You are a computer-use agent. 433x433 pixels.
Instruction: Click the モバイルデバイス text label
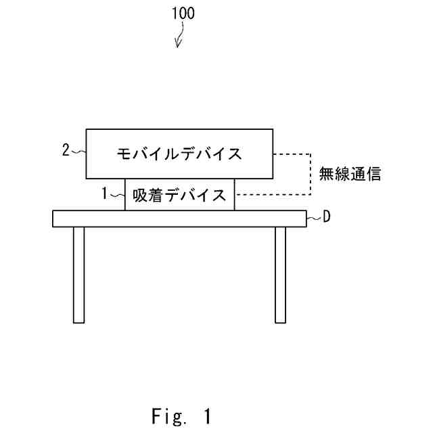[179, 154]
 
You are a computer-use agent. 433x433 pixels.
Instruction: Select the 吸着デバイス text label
[179, 195]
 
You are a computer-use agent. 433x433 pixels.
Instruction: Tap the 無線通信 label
[350, 175]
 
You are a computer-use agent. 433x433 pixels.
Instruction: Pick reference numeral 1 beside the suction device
[105, 194]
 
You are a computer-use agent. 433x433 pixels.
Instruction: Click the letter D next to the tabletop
[327, 217]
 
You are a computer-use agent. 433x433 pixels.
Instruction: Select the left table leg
[78, 274]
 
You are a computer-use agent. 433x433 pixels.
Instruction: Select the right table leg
[280, 274]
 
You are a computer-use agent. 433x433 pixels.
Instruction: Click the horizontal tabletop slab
[179, 219]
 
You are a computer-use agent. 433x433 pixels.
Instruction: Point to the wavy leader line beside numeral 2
[78, 152]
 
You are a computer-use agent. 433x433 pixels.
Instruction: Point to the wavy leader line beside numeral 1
[117, 195]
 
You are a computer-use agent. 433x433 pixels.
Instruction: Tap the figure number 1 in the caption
[207, 413]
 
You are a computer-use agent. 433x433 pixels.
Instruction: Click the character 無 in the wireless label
[326, 175]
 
